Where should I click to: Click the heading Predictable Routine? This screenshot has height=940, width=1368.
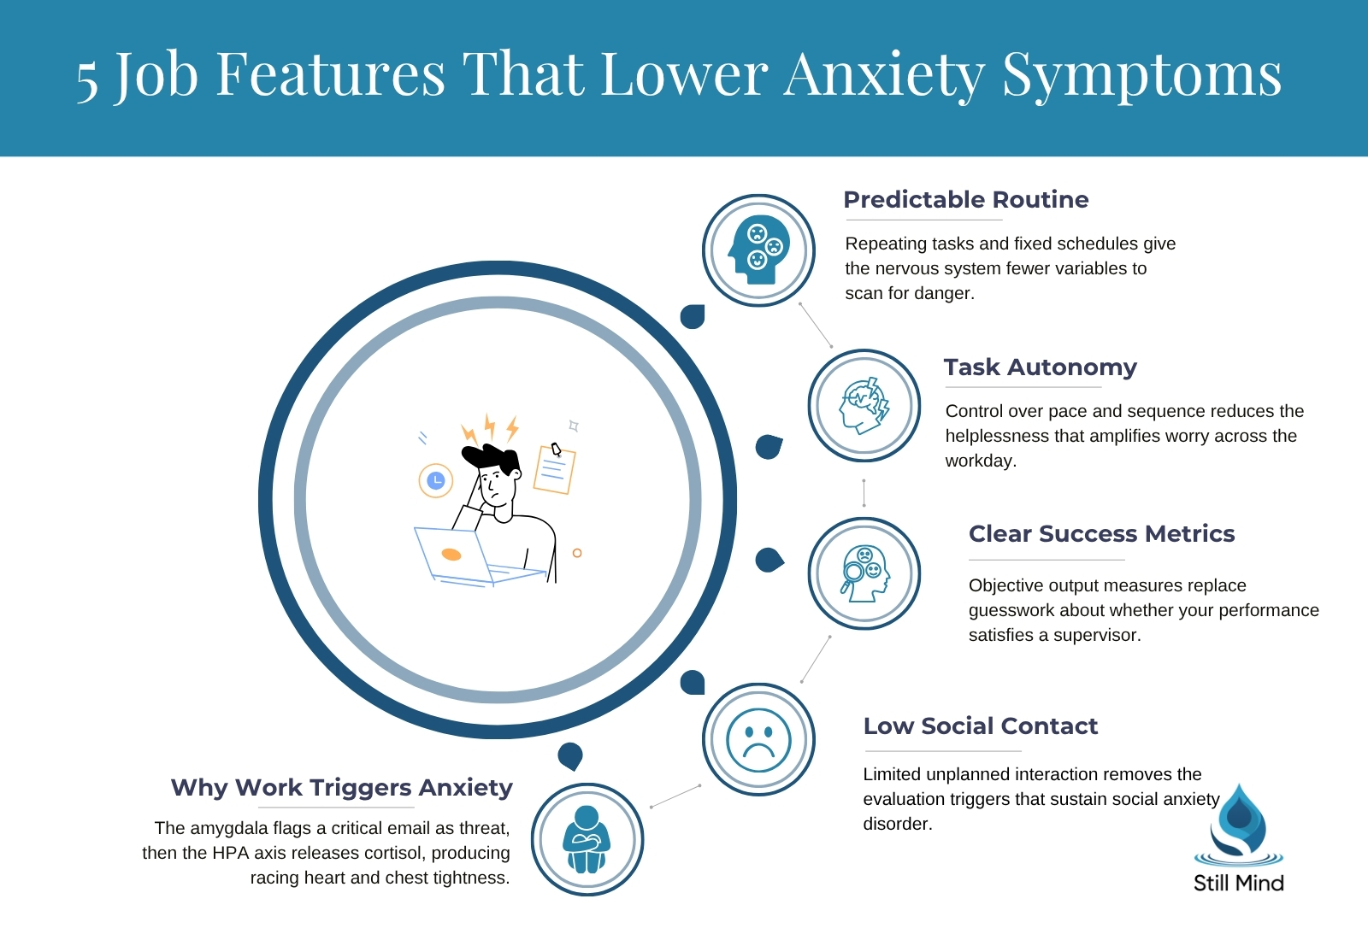965,200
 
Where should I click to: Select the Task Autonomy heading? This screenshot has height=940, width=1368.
1040,367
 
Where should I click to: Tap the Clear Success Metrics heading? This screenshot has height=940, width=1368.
1102,533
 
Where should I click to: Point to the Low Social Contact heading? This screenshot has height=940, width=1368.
980,726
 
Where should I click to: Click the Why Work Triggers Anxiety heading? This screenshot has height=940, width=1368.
341,787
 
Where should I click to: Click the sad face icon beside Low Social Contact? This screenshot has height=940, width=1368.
758,740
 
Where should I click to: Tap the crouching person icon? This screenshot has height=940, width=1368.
587,839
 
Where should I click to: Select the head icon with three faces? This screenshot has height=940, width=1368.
758,250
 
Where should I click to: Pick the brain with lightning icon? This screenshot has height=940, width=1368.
864,406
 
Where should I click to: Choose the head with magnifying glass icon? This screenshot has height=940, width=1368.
864,573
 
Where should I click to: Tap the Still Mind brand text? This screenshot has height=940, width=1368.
1239,884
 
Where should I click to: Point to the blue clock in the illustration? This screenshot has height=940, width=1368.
435,481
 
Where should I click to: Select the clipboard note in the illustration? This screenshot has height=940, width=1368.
555,469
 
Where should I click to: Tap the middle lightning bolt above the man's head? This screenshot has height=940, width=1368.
489,426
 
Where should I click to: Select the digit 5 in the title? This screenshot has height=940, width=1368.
86,82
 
